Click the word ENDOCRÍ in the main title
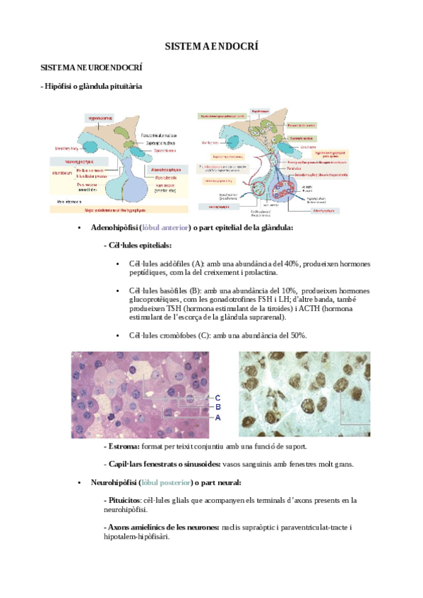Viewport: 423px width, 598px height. pyautogui.click(x=236, y=47)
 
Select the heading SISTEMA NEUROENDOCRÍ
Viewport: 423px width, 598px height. pyautogui.click(x=93, y=68)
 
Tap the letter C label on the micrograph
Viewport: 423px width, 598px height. pyautogui.click(x=218, y=397)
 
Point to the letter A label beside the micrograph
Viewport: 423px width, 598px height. pyautogui.click(x=218, y=417)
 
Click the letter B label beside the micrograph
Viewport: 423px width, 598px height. pyautogui.click(x=218, y=407)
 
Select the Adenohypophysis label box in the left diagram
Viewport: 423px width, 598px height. pyautogui.click(x=167, y=170)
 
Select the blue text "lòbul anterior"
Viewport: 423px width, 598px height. pyautogui.click(x=167, y=228)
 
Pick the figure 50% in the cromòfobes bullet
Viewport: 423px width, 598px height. pyautogui.click(x=297, y=335)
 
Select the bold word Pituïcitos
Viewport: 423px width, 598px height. pyautogui.click(x=124, y=500)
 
